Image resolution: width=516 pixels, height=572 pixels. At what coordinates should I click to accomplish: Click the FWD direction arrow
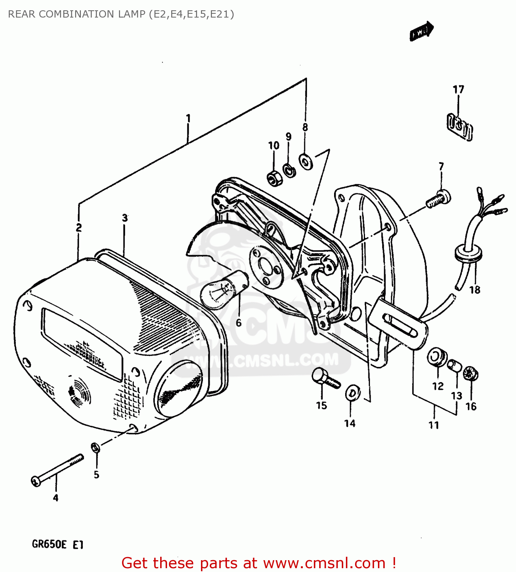[x=421, y=31]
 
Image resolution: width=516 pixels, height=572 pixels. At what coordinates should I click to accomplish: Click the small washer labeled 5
[x=95, y=447]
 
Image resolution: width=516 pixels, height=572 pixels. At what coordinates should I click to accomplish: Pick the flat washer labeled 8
[x=306, y=162]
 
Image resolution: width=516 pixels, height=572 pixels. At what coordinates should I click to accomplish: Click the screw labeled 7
[x=438, y=199]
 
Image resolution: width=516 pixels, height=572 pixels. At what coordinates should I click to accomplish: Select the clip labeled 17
[x=459, y=127]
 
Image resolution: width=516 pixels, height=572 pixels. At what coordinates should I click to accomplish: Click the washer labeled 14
[x=352, y=393]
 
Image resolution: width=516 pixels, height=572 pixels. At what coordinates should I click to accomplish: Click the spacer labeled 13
[x=455, y=366]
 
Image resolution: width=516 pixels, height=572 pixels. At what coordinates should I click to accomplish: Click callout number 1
[x=188, y=119]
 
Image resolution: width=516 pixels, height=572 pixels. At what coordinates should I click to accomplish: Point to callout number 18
[x=474, y=290]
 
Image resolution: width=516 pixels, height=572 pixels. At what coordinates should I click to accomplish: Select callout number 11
[x=434, y=425]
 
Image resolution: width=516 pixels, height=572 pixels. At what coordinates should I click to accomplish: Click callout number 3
[x=125, y=218]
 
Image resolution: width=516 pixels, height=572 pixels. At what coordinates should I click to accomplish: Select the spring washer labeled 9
[x=289, y=170]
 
